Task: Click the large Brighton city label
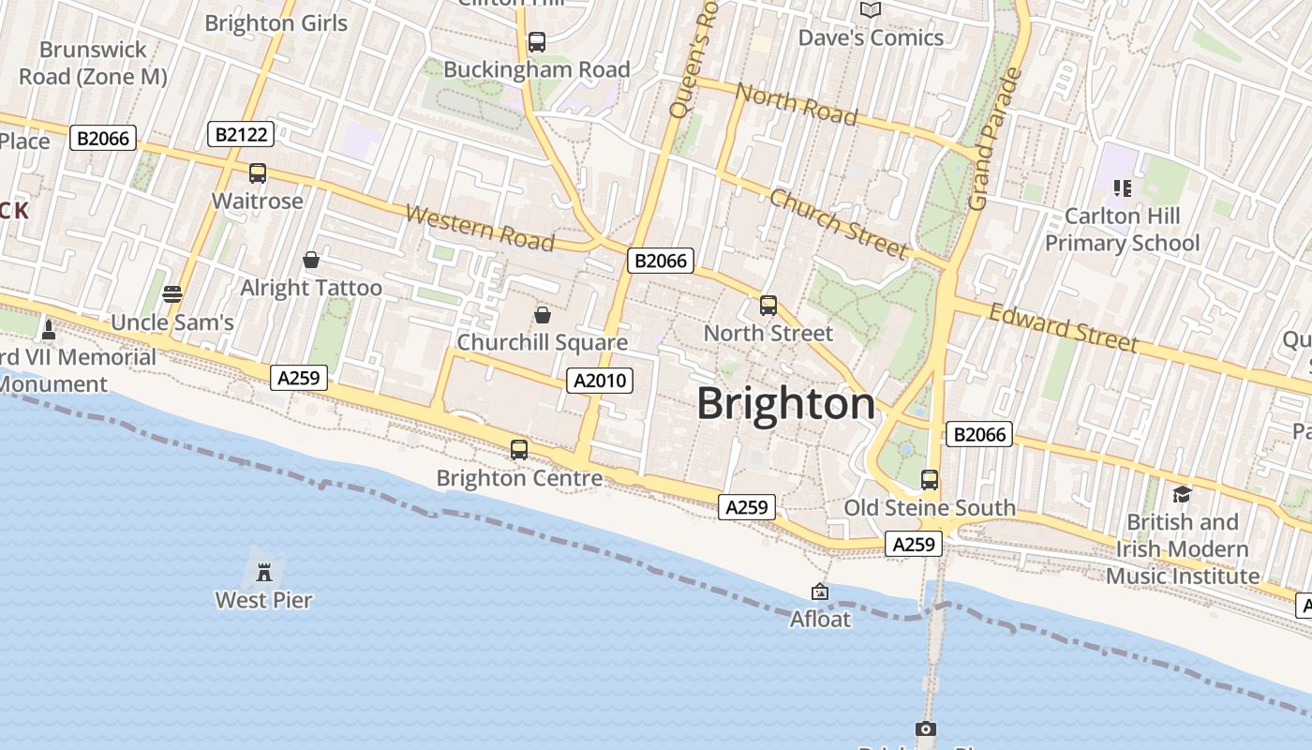785,404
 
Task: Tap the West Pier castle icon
264,570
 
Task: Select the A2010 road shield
600,381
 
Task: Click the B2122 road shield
241,134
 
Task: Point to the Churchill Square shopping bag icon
542,315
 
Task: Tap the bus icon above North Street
768,306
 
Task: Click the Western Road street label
480,228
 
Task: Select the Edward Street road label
1064,328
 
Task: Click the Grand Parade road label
993,139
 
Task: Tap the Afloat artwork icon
820,592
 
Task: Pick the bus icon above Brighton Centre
519,450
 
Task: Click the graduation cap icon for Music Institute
1182,494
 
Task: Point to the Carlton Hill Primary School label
1122,230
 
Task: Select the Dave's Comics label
871,37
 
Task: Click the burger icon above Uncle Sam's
171,294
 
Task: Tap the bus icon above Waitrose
258,173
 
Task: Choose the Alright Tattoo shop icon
311,260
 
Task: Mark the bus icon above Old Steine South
930,480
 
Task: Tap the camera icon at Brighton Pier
925,728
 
